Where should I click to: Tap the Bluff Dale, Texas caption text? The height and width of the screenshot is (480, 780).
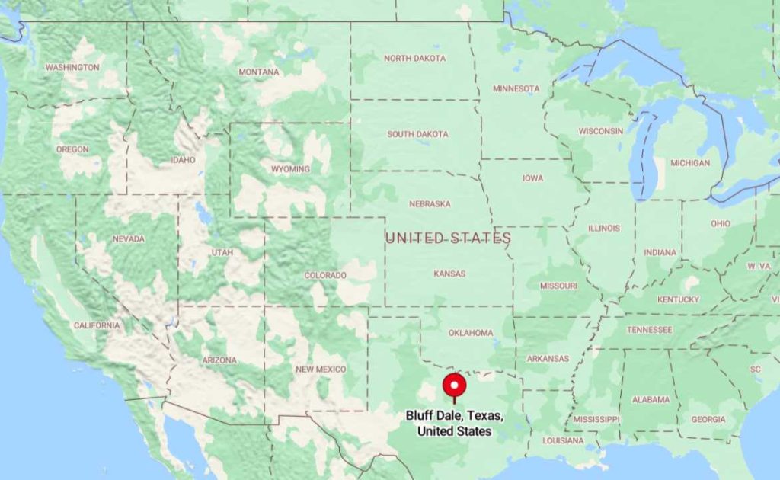click(455, 424)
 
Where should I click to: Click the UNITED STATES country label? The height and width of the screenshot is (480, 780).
click(448, 238)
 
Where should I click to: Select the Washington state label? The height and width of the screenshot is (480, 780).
click(72, 68)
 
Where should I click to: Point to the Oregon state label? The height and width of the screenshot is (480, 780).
click(72, 149)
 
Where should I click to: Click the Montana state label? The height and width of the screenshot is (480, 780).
click(259, 72)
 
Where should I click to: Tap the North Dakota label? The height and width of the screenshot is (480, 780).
click(414, 59)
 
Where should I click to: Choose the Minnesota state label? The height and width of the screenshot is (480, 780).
click(516, 89)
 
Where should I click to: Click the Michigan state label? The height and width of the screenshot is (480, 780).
click(690, 163)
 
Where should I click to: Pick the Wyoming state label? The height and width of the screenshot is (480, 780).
click(290, 169)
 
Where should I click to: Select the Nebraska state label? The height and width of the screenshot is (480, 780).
click(430, 204)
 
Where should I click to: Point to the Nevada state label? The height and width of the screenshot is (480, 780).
click(128, 239)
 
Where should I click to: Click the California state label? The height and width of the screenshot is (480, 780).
click(97, 325)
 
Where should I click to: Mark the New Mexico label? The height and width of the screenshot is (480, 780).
click(321, 370)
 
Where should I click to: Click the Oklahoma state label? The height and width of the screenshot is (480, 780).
click(471, 333)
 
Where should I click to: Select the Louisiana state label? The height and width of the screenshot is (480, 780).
click(563, 441)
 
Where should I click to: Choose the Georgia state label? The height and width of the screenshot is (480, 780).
click(708, 420)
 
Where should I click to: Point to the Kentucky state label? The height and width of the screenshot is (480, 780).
click(678, 299)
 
